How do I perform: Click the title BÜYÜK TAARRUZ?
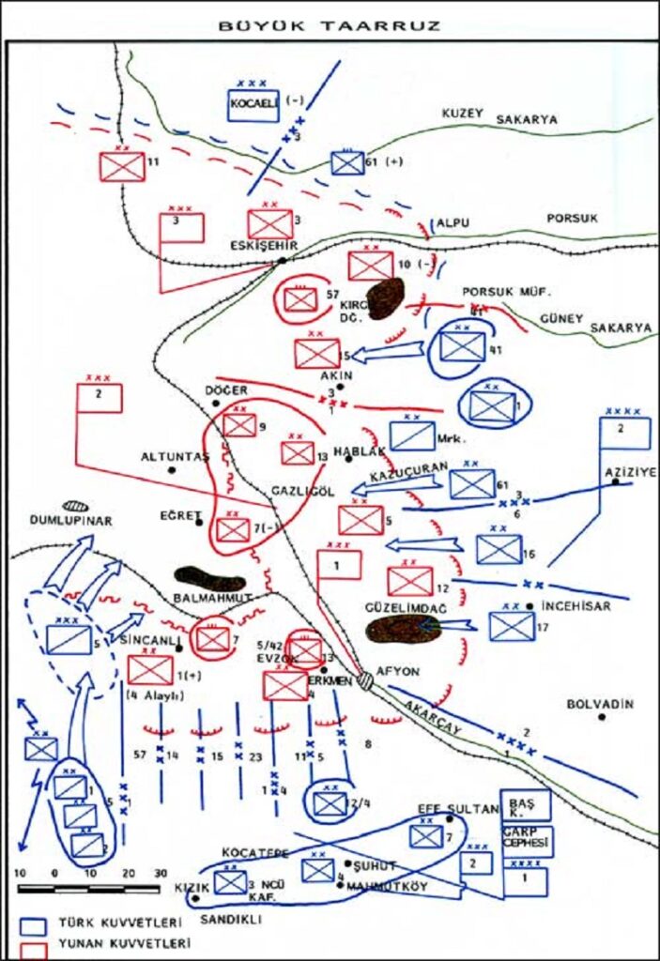tap(329, 26)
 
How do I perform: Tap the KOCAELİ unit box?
tap(253, 104)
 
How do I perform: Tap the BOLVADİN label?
tap(602, 704)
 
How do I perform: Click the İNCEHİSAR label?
tap(576, 606)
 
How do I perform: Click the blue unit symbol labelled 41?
tap(462, 346)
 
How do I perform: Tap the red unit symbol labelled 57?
tap(300, 299)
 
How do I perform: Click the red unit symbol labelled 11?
tap(122, 167)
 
